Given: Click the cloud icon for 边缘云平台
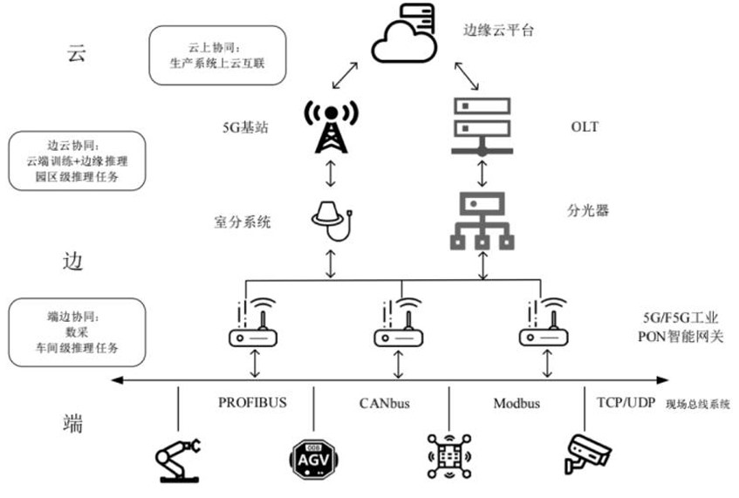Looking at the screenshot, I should click(404, 37).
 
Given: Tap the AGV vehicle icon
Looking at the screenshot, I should click(313, 456).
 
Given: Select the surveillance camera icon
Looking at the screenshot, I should click(585, 454).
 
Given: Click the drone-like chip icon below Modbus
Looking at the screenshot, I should click(449, 454).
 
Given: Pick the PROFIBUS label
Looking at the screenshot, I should click(252, 404).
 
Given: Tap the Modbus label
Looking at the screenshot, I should click(517, 404).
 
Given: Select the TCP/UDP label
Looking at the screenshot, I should click(624, 404).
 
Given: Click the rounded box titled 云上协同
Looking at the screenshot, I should click(217, 54).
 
